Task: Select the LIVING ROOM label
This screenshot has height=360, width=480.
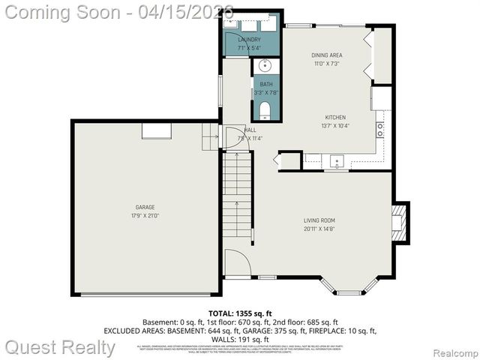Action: (x=319, y=220)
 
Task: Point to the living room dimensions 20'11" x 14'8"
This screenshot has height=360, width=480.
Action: (x=319, y=229)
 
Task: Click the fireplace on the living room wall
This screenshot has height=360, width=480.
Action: (x=401, y=223)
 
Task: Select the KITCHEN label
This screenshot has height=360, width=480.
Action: (x=334, y=118)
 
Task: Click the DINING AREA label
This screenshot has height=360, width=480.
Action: (x=327, y=55)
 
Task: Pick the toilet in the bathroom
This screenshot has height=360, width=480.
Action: (x=264, y=111)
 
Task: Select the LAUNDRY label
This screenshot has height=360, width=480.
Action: (x=249, y=39)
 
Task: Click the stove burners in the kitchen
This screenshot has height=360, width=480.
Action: (x=380, y=127)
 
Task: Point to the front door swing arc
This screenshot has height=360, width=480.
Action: (x=237, y=262)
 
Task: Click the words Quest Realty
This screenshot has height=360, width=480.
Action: (x=60, y=347)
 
